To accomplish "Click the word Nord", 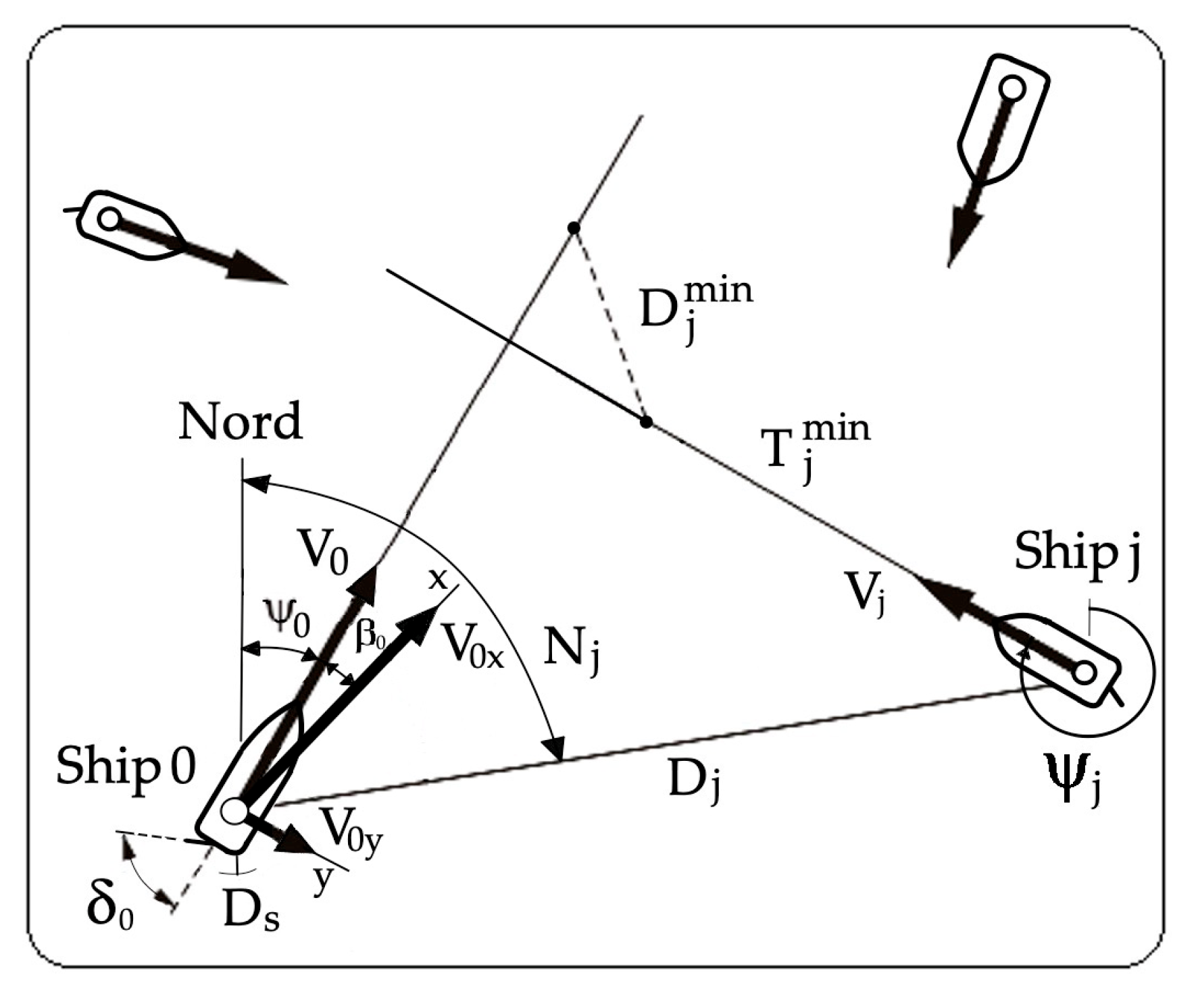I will (240, 421).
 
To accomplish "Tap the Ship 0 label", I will (126, 768).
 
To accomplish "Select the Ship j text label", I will (1077, 554).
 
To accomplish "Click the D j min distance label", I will (695, 308).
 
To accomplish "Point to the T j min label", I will (814, 446).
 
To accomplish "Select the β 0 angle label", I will (370, 635).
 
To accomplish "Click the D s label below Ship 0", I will (251, 913).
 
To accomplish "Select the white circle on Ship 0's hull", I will (234, 811).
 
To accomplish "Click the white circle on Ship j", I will (1084, 672).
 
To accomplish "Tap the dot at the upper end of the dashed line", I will (574, 228).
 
